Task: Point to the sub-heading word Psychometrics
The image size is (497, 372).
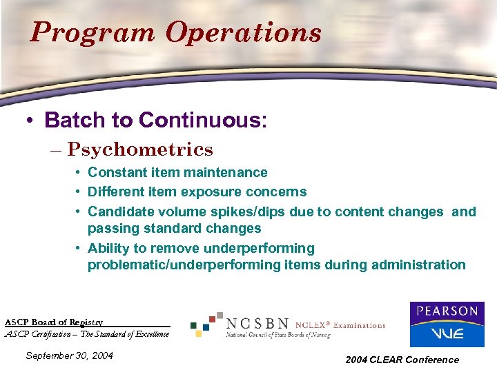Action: (x=140, y=149)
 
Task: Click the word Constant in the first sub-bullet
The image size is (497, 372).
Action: (x=114, y=172)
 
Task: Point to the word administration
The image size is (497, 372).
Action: (x=420, y=265)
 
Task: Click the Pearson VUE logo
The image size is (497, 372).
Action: (x=447, y=324)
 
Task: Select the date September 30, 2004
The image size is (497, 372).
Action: (x=69, y=356)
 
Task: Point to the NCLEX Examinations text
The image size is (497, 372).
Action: (x=340, y=325)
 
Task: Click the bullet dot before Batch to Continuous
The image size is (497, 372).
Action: (x=30, y=121)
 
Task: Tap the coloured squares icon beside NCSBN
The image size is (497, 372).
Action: (x=207, y=323)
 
